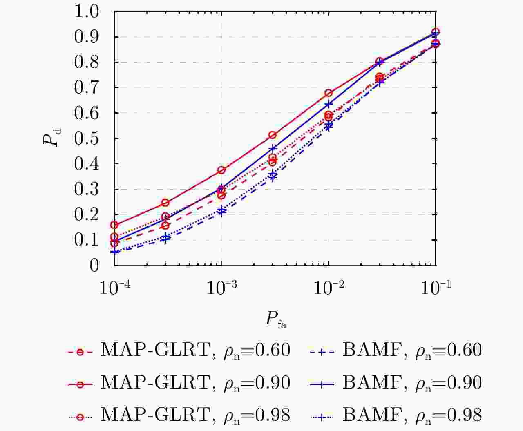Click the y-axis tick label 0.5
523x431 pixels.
[x=87, y=138]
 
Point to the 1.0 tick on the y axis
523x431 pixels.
[x=87, y=11]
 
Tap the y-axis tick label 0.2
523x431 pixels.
[x=87, y=214]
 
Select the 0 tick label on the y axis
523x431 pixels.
[x=94, y=266]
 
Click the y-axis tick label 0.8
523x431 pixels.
[x=87, y=63]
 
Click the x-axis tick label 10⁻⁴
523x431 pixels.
[x=114, y=288]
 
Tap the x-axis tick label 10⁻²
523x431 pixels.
[x=329, y=288]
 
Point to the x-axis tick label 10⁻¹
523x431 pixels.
[x=436, y=288]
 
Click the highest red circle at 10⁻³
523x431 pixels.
[x=221, y=170]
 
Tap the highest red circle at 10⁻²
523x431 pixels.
[x=329, y=93]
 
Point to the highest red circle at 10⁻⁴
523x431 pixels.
[x=114, y=225]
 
